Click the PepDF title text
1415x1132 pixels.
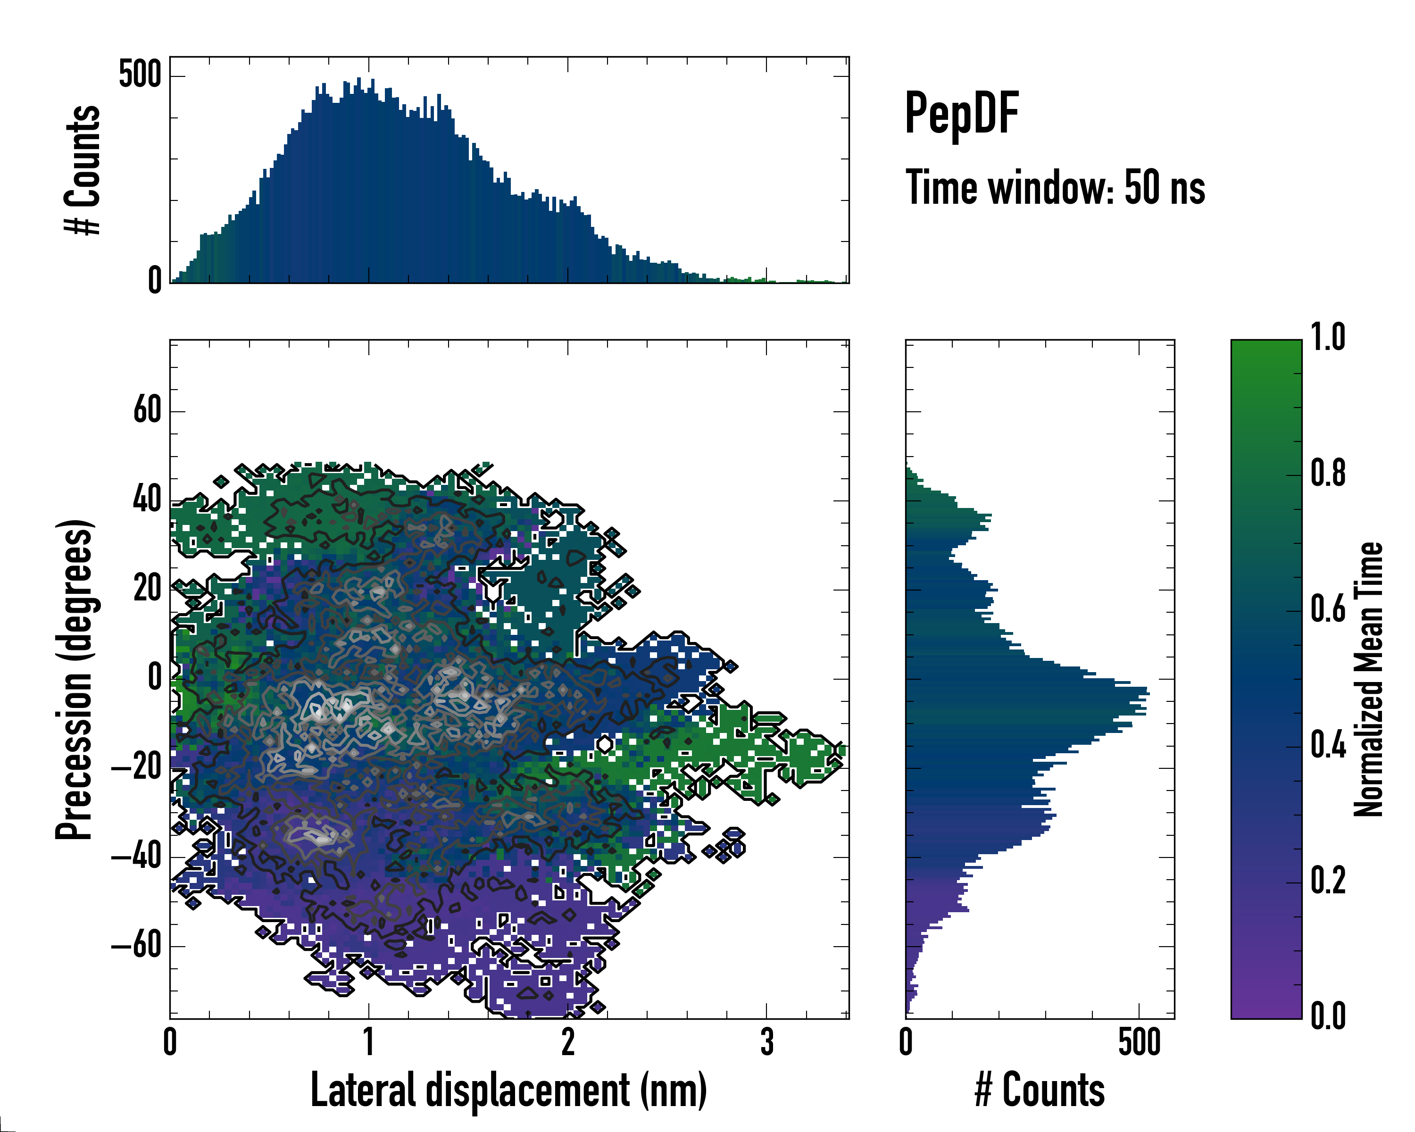(961, 113)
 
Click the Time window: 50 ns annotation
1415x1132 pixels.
(1055, 187)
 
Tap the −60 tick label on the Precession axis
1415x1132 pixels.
(136, 946)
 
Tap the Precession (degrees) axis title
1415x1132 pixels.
(74, 679)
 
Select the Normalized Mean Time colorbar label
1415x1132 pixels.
(1368, 679)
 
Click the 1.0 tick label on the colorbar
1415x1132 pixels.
(1328, 337)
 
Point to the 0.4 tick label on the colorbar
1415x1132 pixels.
(1328, 746)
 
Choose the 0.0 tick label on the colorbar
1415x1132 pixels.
(1328, 1016)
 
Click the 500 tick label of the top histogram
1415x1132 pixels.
(139, 75)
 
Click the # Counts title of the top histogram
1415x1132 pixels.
(83, 169)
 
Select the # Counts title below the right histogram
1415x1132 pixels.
(1040, 1090)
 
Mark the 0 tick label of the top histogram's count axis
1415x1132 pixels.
(154, 281)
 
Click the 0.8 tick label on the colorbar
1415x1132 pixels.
(1328, 473)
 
